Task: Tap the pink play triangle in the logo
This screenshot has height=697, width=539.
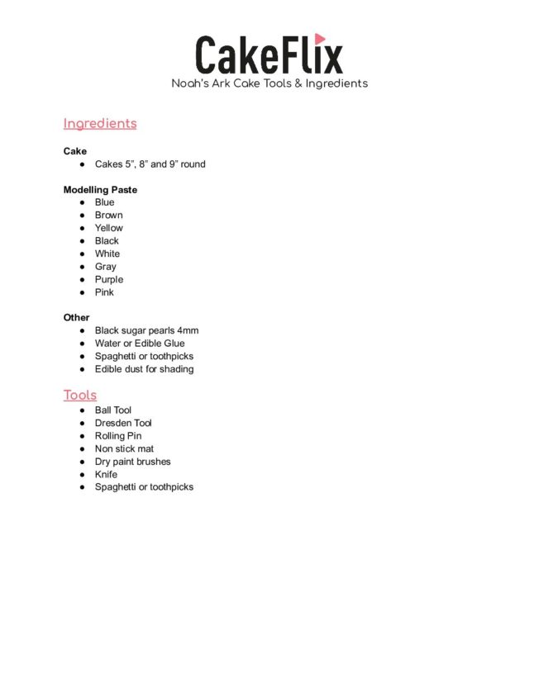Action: [x=320, y=39]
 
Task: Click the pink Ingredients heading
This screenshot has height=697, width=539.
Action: [x=100, y=124]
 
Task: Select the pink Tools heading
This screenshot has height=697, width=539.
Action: [x=80, y=396]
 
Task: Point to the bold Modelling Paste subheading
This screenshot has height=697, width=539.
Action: [x=100, y=190]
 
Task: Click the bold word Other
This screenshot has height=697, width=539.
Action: [x=77, y=317]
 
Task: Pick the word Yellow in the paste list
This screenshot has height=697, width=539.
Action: [x=108, y=228]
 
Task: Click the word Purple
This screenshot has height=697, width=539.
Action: [x=108, y=279]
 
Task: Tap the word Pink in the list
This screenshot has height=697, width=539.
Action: [x=104, y=292]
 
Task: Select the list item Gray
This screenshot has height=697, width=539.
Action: [x=105, y=267]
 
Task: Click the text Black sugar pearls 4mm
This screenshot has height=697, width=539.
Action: [x=146, y=330]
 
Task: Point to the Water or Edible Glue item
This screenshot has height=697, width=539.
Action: [x=140, y=344]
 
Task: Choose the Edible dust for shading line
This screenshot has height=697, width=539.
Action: [x=144, y=369]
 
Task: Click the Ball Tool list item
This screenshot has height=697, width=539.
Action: [x=113, y=410]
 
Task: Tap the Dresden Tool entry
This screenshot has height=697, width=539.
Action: [x=123, y=423]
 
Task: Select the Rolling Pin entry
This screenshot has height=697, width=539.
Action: [x=118, y=436]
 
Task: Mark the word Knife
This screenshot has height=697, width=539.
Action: [x=106, y=475]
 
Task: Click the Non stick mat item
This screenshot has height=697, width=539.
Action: [x=124, y=448]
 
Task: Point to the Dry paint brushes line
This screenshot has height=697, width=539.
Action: [x=132, y=462]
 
